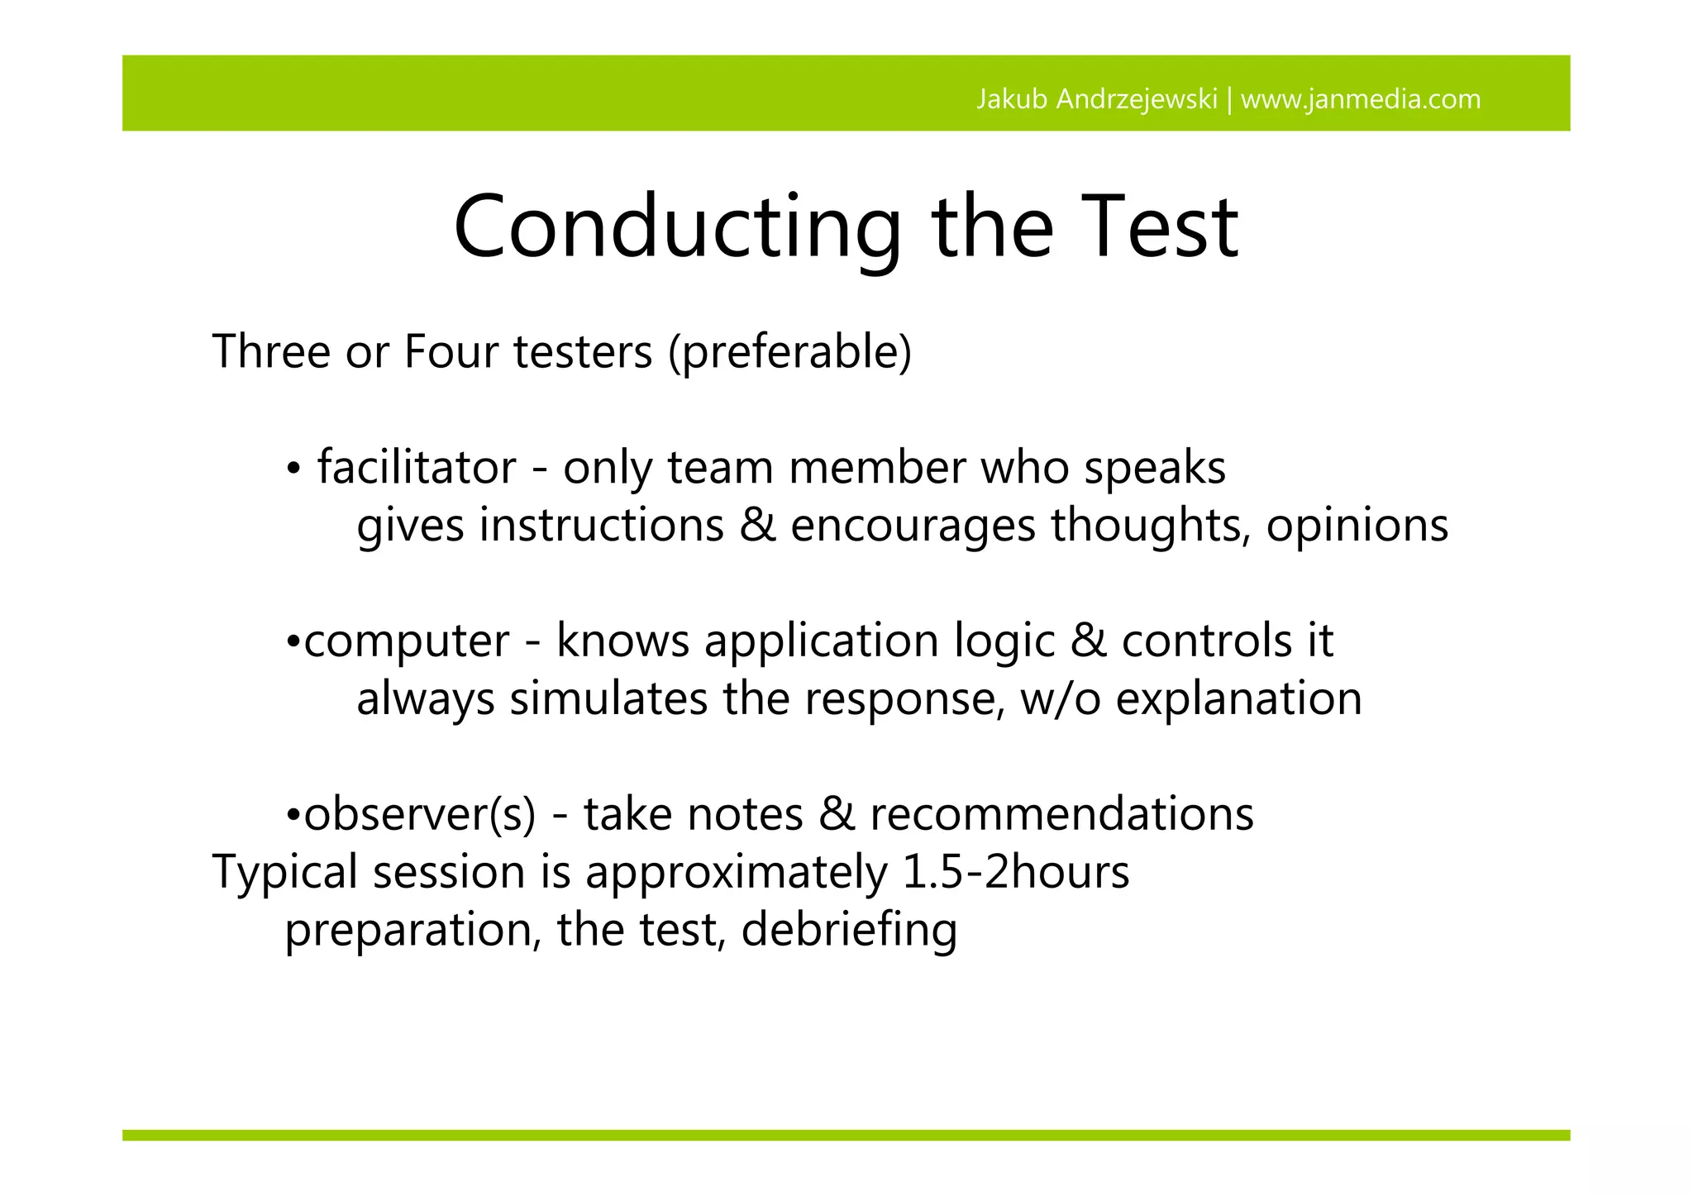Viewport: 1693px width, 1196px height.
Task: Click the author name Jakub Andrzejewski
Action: coord(1096,99)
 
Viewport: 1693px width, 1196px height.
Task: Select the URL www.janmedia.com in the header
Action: coord(1361,99)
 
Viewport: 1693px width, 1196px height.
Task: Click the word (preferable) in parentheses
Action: coord(790,353)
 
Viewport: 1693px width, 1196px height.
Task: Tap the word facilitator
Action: coord(417,468)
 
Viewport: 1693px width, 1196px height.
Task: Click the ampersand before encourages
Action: coord(757,526)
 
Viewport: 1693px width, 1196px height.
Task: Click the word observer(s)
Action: coord(420,815)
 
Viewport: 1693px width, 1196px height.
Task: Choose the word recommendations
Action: coord(1061,815)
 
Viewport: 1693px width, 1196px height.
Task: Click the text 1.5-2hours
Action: coord(1015,873)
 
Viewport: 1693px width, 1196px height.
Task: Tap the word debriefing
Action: coord(849,931)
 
